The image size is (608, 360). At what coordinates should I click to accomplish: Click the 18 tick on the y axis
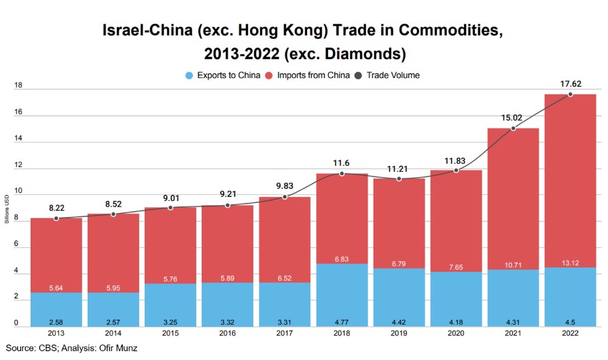18,86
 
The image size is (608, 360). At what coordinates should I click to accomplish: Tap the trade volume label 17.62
570,84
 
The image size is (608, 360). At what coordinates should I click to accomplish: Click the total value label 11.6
342,163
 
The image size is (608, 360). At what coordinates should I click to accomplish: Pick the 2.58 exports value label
56,321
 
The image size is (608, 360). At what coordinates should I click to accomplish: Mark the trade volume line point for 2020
456,170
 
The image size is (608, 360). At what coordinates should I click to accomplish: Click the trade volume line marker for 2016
228,204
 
